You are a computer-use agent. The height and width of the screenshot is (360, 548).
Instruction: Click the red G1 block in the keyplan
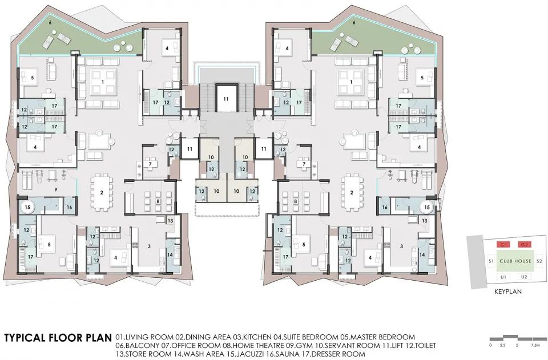(504, 245)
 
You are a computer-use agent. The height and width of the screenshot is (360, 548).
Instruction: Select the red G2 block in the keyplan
(524, 245)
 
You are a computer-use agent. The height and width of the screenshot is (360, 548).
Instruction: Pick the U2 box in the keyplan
(524, 277)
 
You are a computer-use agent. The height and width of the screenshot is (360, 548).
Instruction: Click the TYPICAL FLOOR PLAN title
(57, 338)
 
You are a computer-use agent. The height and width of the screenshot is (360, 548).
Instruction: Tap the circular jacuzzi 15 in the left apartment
(26, 206)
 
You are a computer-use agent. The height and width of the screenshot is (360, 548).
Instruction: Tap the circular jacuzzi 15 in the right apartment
(427, 207)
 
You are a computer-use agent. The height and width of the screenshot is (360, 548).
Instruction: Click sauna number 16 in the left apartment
(69, 207)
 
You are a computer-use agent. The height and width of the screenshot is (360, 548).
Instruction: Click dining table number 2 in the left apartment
(101, 192)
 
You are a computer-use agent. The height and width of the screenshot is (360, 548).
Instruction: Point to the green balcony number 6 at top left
(80, 38)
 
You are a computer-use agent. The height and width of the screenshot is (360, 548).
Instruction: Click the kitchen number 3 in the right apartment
(402, 246)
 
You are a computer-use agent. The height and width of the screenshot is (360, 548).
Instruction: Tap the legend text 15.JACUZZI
(249, 354)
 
